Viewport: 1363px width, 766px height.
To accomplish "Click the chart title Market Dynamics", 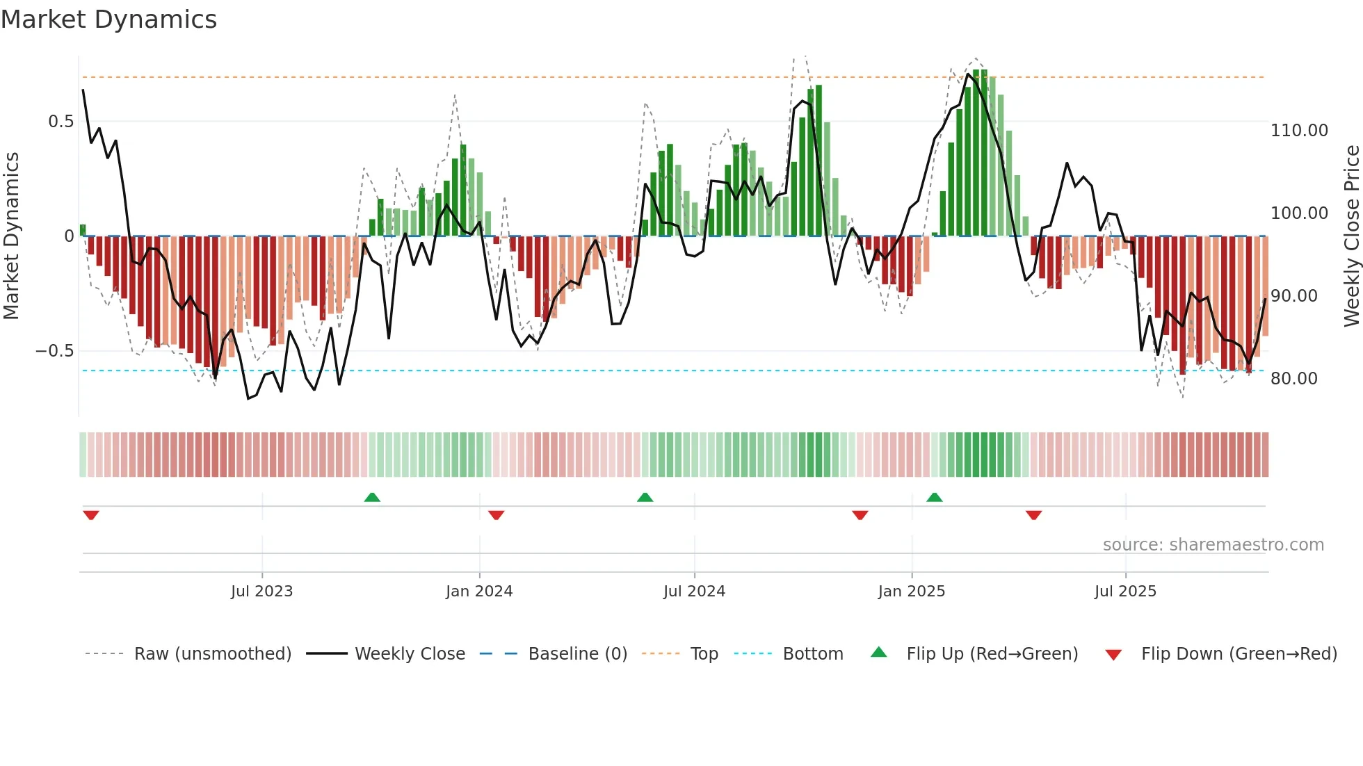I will point(108,19).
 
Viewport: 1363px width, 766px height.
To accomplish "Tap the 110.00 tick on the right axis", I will point(1298,131).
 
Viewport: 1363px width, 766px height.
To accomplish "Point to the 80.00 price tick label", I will point(1293,379).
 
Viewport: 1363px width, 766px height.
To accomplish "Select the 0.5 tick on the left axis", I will point(61,122).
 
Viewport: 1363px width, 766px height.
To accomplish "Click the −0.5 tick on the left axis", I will point(55,351).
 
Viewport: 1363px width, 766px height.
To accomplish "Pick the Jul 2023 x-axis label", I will point(261,592).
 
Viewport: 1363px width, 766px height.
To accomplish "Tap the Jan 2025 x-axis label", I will point(911,592).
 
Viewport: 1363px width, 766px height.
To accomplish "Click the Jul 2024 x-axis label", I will point(694,592).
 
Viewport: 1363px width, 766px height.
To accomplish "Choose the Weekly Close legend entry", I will point(410,654).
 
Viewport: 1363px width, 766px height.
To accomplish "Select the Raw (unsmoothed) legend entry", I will point(212,654).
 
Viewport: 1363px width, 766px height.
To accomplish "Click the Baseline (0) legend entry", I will point(577,654).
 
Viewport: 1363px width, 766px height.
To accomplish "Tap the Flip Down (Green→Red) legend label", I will point(1239,654).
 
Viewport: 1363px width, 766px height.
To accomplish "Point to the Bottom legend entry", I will point(812,654).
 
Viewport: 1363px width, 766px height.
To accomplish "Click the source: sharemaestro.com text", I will point(1213,545).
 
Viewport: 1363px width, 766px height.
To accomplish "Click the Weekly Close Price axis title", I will point(1351,236).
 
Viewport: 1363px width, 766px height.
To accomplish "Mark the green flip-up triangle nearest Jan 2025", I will point(934,498).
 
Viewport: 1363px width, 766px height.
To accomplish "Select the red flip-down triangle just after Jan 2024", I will point(496,515).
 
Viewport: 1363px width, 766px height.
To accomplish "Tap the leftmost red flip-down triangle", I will point(91,515).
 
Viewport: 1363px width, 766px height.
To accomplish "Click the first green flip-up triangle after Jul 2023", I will point(372,498).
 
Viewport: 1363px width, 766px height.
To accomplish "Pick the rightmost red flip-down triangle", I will point(1033,515).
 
